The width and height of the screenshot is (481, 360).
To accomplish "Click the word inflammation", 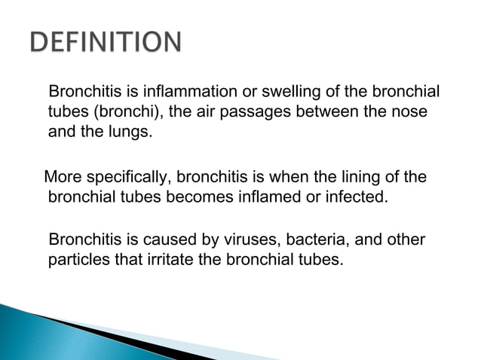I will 198,93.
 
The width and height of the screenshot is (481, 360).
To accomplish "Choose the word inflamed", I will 280,197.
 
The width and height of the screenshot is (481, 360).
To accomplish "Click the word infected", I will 358,197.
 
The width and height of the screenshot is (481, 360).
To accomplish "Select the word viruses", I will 256,240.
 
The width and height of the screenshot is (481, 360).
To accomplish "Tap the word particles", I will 76,260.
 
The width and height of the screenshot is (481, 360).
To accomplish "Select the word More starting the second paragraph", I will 63,178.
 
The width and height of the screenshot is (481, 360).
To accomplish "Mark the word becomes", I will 219,197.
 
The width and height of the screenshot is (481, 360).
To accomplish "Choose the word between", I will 335,112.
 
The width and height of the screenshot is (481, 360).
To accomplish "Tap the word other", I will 408,240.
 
